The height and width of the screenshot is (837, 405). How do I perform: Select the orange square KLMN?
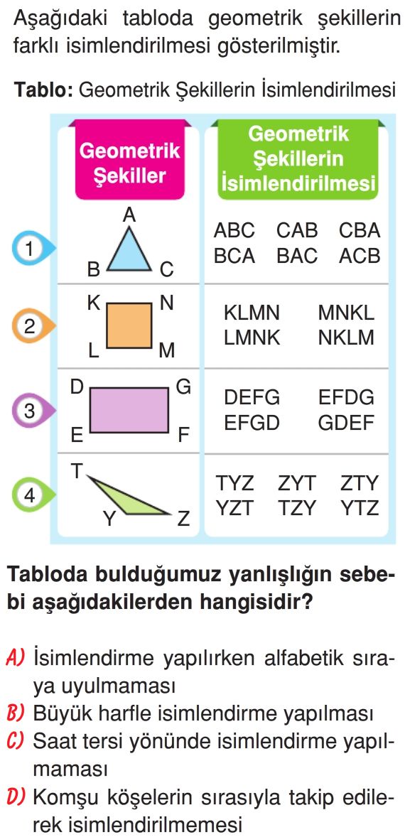[x=129, y=325]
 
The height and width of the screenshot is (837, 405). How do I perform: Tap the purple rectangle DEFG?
[x=129, y=410]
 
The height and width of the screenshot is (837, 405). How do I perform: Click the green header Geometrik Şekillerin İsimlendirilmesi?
[x=298, y=158]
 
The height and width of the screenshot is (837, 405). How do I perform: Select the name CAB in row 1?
[x=297, y=231]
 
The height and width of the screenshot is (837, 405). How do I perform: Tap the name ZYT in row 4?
[x=297, y=484]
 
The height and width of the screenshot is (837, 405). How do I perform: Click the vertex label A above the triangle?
[x=129, y=215]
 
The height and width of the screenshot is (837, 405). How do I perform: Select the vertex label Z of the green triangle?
[x=183, y=518]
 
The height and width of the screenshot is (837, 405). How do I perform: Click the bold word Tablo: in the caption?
[x=43, y=89]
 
